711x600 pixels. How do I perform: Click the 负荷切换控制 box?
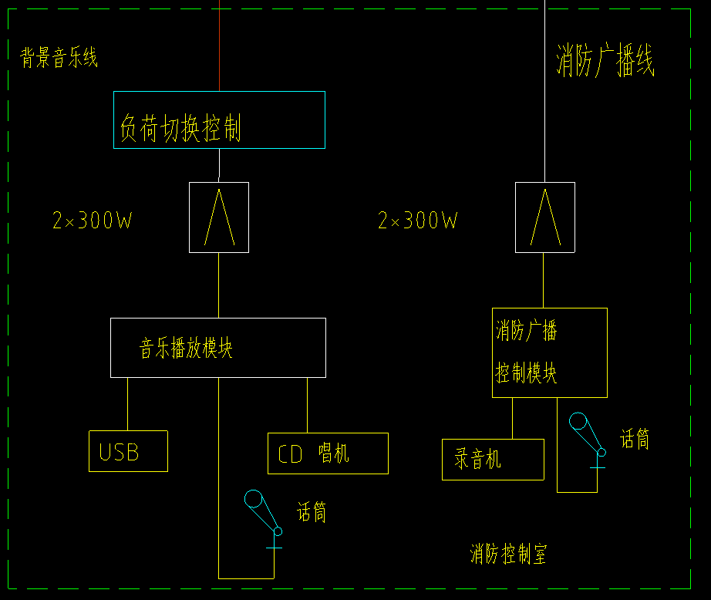(219, 120)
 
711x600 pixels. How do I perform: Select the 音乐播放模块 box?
(218, 348)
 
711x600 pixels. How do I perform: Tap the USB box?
(128, 451)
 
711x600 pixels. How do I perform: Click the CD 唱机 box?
(328, 453)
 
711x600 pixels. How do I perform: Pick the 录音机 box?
(493, 460)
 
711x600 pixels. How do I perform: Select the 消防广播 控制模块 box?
(549, 352)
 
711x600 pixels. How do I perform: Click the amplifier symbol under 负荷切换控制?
(219, 217)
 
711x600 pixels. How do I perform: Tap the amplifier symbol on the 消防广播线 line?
(544, 217)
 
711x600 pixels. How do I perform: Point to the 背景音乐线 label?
(59, 58)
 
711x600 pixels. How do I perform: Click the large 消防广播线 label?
(605, 62)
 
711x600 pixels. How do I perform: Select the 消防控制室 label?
(508, 554)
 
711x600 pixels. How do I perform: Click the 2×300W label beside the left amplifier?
(93, 221)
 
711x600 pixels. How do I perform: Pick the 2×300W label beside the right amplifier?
(418, 221)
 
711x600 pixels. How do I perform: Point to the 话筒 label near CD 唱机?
(312, 512)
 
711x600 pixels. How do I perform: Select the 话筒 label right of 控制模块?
(635, 439)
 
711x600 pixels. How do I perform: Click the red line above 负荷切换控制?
(220, 46)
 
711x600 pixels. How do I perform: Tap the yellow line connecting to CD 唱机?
(308, 405)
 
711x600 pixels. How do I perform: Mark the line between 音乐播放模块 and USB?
(127, 403)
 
